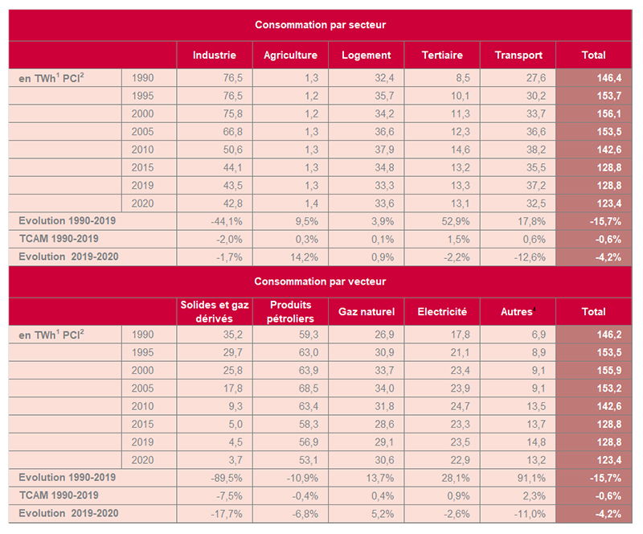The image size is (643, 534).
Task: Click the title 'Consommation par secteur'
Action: point(320,25)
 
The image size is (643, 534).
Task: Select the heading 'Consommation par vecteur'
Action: point(320,281)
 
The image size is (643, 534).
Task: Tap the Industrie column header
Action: point(215,55)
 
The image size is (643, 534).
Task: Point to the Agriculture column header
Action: point(290,55)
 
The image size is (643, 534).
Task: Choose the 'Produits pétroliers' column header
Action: point(290,311)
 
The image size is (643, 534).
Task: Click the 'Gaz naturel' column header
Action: point(367,311)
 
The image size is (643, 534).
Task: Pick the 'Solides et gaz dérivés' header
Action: point(215,311)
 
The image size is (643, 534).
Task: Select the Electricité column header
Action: point(442,311)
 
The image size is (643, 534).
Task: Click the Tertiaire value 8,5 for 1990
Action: point(463,78)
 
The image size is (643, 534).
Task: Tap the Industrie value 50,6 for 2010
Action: point(233,150)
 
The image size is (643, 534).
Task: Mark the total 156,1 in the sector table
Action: point(609,113)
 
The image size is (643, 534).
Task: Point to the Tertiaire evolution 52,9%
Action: point(456,222)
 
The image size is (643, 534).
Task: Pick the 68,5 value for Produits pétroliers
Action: point(309,388)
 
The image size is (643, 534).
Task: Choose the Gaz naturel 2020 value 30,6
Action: point(384,460)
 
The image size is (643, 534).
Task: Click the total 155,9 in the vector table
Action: point(609,370)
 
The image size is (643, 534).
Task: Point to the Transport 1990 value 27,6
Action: point(536,78)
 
